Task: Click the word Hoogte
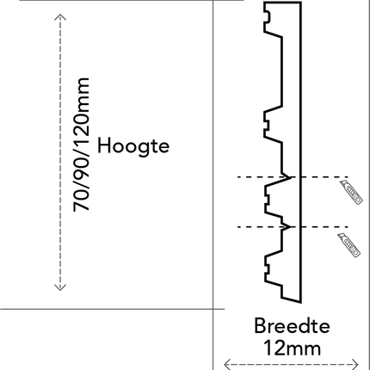(133, 146)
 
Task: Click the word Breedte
(292, 326)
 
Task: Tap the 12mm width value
(292, 348)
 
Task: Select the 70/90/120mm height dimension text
(82, 145)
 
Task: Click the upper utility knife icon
(352, 193)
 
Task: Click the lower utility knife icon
(349, 245)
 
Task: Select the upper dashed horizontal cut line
(293, 177)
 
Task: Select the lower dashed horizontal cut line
(293, 227)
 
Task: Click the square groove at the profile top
(268, 17)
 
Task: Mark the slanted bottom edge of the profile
(292, 300)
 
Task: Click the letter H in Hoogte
(103, 145)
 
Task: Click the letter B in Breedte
(260, 326)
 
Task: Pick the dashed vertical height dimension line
(60, 152)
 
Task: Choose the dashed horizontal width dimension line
(291, 365)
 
